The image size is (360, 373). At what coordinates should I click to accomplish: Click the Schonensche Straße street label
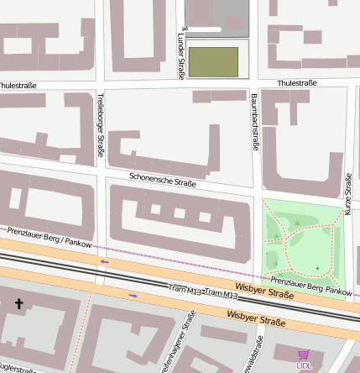pos(163,179)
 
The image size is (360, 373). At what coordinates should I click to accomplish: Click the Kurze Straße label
pos(347,194)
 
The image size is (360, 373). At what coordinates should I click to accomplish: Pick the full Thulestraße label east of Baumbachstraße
pos(296,83)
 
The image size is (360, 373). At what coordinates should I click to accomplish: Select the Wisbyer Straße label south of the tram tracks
pos(256,318)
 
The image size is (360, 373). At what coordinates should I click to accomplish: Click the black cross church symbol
pos(18,303)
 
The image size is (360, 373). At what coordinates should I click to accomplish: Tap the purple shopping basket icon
pos(303,355)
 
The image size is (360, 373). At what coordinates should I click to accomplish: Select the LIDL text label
pos(303,365)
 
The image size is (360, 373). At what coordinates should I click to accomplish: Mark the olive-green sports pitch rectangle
pos(212,61)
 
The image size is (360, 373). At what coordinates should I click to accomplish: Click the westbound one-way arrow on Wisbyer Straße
pos(104,261)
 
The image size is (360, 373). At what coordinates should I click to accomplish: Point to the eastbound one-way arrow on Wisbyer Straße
pos(133,296)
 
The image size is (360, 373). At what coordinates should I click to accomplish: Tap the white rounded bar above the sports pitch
pos(205,30)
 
